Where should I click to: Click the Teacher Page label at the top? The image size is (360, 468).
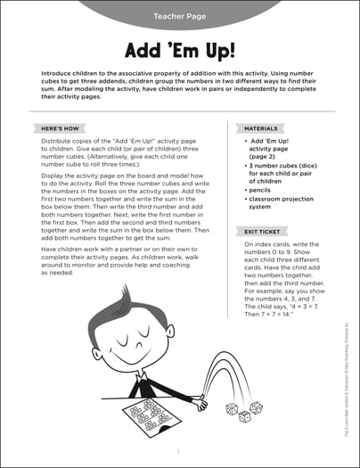(x=179, y=16)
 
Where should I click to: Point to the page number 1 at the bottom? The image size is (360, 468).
(x=179, y=452)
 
